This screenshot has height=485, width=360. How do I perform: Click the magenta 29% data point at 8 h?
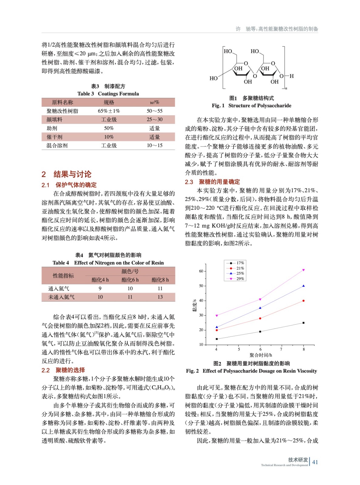point(303,270)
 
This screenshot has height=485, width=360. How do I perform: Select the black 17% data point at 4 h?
point(217,339)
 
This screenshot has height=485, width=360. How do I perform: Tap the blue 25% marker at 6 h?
point(260,308)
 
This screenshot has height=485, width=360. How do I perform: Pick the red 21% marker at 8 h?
point(303,301)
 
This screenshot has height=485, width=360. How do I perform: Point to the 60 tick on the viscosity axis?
point(201,271)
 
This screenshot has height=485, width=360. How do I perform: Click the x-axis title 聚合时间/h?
point(261,355)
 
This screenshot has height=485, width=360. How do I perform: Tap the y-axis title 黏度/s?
point(194,305)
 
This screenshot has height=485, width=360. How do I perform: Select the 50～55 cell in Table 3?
point(154,111)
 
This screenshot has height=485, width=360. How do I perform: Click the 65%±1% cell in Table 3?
point(109,111)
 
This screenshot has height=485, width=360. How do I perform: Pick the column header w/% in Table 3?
point(154,102)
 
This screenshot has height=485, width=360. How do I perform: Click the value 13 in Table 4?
point(160,297)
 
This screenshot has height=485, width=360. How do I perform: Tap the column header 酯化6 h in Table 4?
point(130,280)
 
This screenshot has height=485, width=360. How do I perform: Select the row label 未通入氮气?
point(61,297)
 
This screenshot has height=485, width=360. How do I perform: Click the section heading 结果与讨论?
point(72,174)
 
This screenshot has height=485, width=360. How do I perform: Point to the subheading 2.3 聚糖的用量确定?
point(212,182)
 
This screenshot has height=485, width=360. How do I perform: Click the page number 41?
point(315,462)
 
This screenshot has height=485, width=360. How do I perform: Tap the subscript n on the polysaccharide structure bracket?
point(286,89)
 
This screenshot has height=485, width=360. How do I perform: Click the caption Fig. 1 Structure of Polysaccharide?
point(251,105)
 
